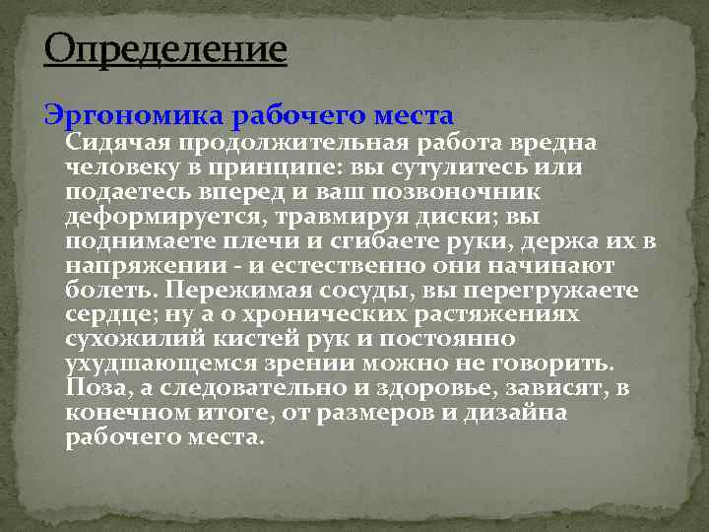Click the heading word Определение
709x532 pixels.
point(165,48)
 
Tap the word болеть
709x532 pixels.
point(109,291)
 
